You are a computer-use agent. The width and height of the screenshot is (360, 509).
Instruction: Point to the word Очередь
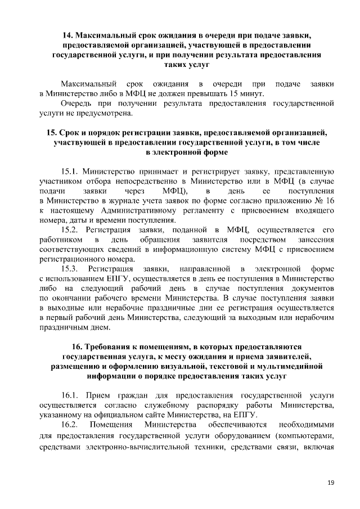[x=76, y=104]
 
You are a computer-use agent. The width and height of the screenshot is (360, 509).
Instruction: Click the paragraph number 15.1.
[x=69, y=171]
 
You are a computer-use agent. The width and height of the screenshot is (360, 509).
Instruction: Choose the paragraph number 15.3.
[x=69, y=269]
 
